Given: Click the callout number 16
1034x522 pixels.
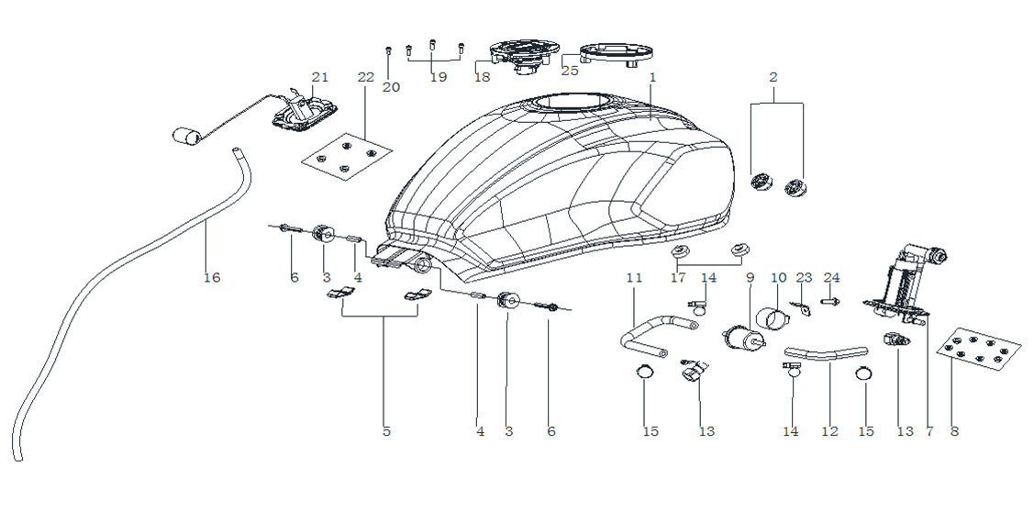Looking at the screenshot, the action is click(212, 277).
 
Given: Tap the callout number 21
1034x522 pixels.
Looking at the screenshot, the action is click(320, 77).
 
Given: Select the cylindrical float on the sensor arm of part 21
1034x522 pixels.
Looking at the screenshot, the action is click(186, 137).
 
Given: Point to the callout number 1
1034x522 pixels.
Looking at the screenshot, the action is click(653, 77).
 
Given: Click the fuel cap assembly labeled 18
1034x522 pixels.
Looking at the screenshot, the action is click(526, 54).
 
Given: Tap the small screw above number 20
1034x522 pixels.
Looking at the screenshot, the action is click(388, 50).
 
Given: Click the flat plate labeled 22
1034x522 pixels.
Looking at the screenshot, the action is click(347, 156).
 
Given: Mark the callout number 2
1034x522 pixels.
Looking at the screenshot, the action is click(773, 77).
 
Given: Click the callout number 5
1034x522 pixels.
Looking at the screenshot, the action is click(386, 432).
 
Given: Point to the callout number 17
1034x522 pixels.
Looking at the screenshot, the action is click(678, 277).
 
